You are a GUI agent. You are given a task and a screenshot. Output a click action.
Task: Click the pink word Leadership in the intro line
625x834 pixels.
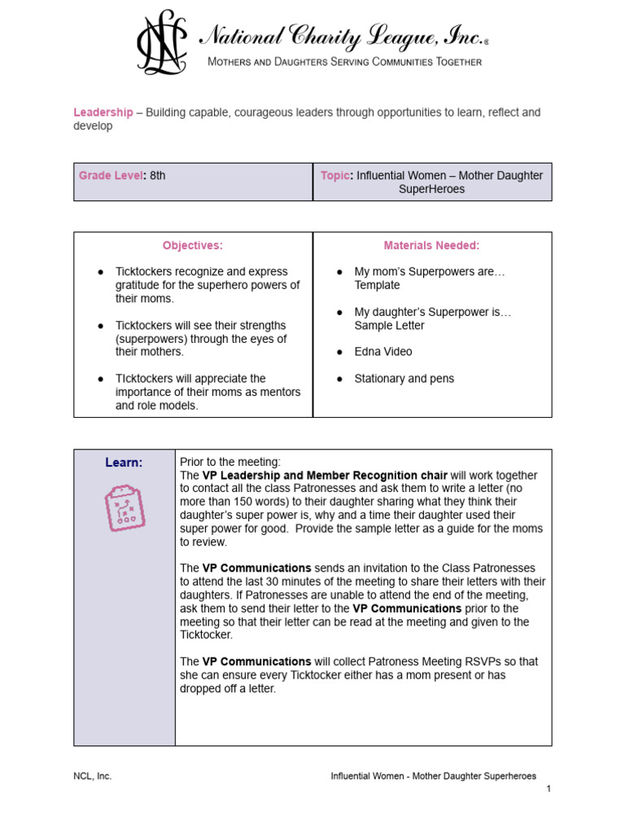[x=103, y=112]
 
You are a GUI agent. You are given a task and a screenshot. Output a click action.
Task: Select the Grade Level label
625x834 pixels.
[x=111, y=175]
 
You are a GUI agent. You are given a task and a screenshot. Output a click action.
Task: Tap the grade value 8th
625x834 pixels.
[x=158, y=175]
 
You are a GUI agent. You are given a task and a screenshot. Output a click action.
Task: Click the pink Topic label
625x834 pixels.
[x=336, y=175]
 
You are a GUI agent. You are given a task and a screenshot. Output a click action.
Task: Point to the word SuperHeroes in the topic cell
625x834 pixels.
[x=432, y=189]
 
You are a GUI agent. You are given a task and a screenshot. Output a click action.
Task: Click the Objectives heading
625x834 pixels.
[x=193, y=245]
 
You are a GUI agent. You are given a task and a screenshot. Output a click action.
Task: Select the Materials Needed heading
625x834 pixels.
[x=431, y=245]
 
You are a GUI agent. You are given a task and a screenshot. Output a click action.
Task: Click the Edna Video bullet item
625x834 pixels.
[x=383, y=352]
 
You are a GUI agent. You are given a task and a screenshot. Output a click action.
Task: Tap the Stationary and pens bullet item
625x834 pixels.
[x=404, y=379]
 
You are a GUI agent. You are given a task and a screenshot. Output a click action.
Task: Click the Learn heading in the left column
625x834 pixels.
[x=124, y=463]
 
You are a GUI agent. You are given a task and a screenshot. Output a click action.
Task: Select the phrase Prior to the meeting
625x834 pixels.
[x=230, y=462]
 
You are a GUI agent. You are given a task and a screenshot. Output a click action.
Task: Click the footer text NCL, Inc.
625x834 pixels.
[x=93, y=776]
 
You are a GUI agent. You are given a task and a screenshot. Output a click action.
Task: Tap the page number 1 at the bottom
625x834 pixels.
[x=549, y=789]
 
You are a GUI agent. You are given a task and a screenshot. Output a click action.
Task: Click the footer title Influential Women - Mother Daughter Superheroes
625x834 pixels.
[x=433, y=776]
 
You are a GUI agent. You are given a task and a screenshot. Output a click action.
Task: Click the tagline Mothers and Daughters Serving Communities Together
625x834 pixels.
[x=345, y=63]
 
